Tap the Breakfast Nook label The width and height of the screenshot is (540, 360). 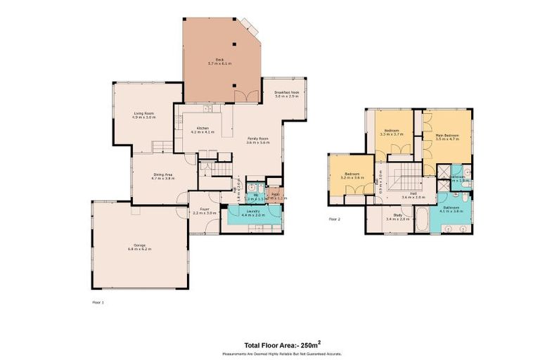(x=286, y=93)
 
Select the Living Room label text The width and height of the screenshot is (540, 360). (x=144, y=113)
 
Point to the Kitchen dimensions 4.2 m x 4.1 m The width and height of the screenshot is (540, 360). (x=203, y=132)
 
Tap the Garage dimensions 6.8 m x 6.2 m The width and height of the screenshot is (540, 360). (x=140, y=249)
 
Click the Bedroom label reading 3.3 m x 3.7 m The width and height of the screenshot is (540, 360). (x=390, y=131)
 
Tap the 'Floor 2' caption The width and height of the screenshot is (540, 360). (x=335, y=219)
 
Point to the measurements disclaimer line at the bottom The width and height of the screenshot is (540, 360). (x=282, y=354)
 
